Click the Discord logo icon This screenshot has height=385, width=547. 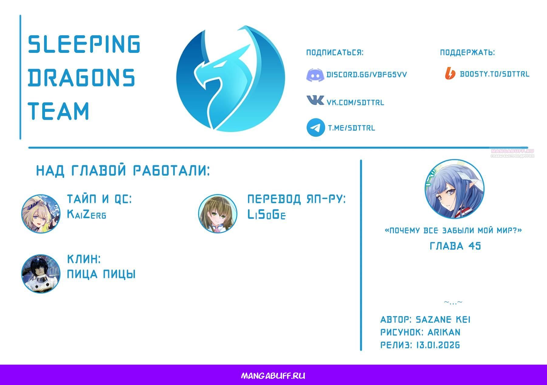[315, 75]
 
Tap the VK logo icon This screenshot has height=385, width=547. [315, 100]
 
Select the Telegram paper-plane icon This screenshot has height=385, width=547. [315, 127]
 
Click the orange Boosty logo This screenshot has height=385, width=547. [450, 74]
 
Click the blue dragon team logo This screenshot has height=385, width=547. [230, 79]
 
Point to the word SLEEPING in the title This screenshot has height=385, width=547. [84, 44]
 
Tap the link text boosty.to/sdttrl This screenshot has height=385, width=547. [494, 74]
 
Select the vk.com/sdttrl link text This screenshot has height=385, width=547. [355, 103]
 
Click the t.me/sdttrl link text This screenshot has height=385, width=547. [352, 128]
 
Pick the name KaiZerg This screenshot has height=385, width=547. [87, 215]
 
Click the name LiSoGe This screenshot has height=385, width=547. [267, 215]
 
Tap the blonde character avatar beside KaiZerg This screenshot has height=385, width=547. [41, 214]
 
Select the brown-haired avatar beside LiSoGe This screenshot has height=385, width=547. [218, 214]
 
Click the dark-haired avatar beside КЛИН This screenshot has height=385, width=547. [41, 274]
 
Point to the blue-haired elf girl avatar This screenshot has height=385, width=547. [454, 189]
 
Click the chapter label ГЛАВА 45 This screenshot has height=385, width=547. [455, 246]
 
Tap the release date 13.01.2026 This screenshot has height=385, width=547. [438, 345]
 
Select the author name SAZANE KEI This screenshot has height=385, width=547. [443, 320]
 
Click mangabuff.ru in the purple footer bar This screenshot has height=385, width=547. [273, 376]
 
